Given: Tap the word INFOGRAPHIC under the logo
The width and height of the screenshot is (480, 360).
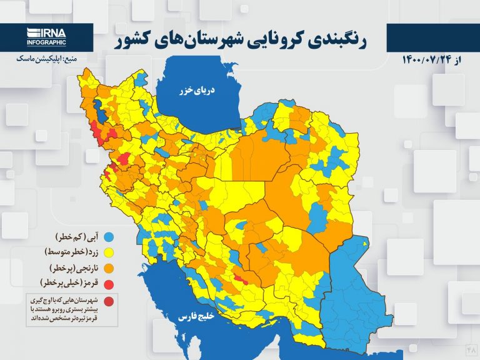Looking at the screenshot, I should pos(46,42).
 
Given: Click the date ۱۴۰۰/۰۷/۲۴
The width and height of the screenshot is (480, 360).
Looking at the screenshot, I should pos(432,61).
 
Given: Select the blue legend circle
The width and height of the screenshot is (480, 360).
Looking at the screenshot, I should pos(109,237).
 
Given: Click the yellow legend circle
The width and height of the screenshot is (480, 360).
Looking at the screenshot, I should pos(109,253).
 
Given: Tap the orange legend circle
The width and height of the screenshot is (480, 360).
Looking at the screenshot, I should pos(109,269).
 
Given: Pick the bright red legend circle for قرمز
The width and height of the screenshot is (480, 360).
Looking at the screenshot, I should pos(109,284).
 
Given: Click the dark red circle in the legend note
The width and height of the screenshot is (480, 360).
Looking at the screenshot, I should pos(109,303).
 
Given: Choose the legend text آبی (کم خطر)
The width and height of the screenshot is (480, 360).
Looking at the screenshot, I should pos(69,237).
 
